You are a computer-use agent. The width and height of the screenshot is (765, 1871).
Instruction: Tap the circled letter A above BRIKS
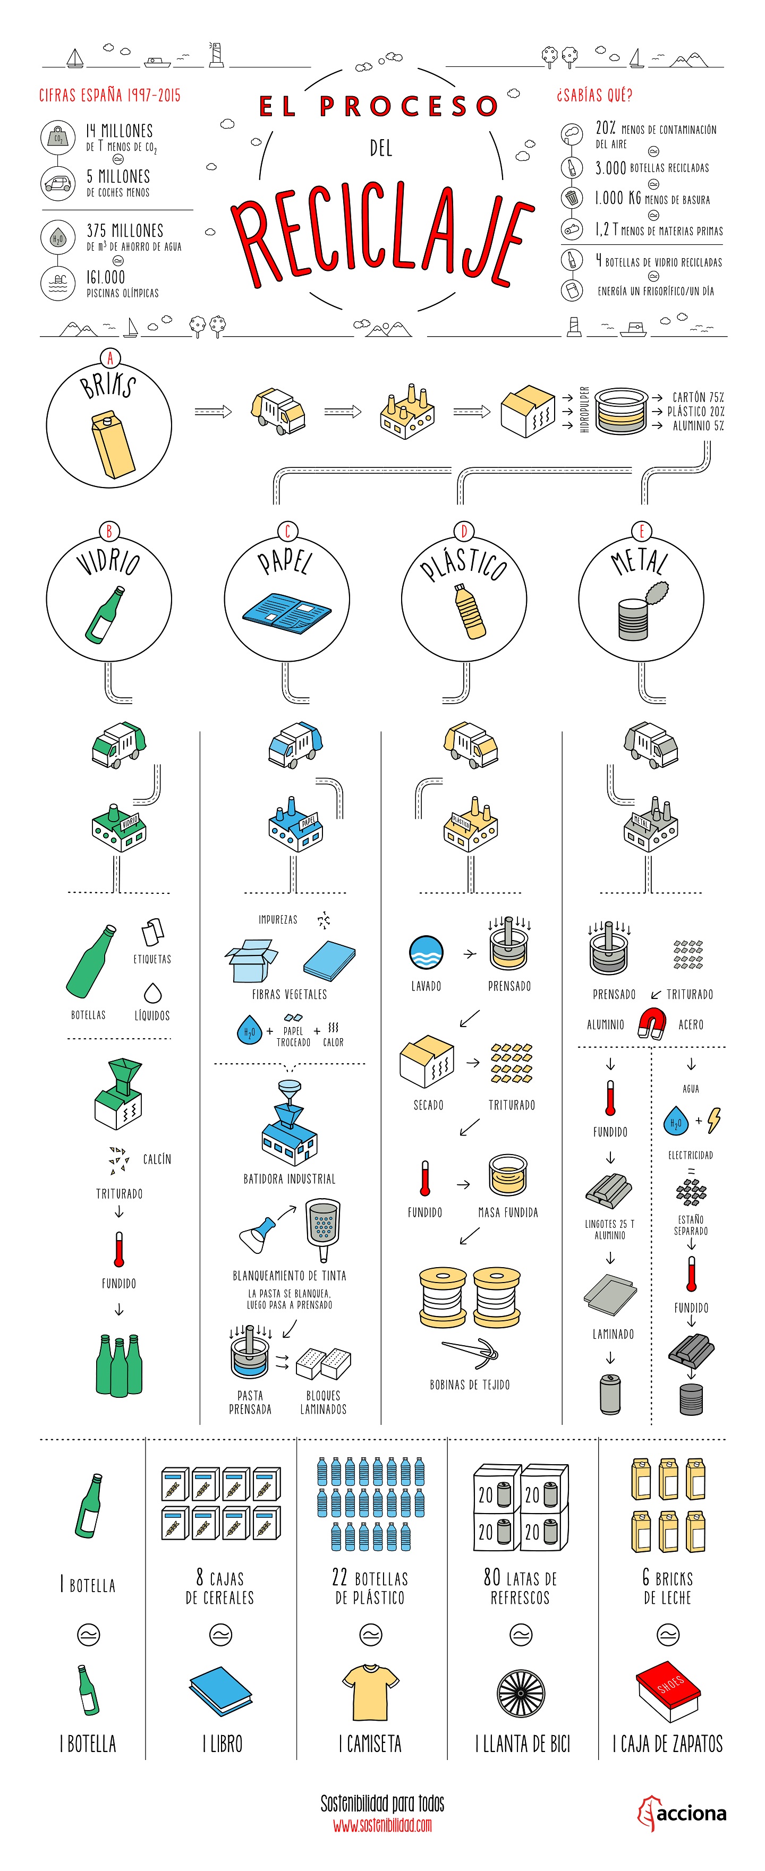tap(109, 358)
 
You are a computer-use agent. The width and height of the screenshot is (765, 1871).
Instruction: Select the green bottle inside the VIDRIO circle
tap(105, 614)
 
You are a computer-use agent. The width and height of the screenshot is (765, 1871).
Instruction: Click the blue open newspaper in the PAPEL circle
tap(285, 613)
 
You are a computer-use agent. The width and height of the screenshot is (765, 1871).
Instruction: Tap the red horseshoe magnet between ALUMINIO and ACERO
tap(651, 1023)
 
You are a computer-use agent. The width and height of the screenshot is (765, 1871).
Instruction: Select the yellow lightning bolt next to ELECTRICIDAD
tap(714, 1120)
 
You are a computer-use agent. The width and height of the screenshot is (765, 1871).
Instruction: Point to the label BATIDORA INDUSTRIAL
tap(289, 1179)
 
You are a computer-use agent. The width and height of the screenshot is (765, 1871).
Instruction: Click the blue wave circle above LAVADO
tap(426, 953)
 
